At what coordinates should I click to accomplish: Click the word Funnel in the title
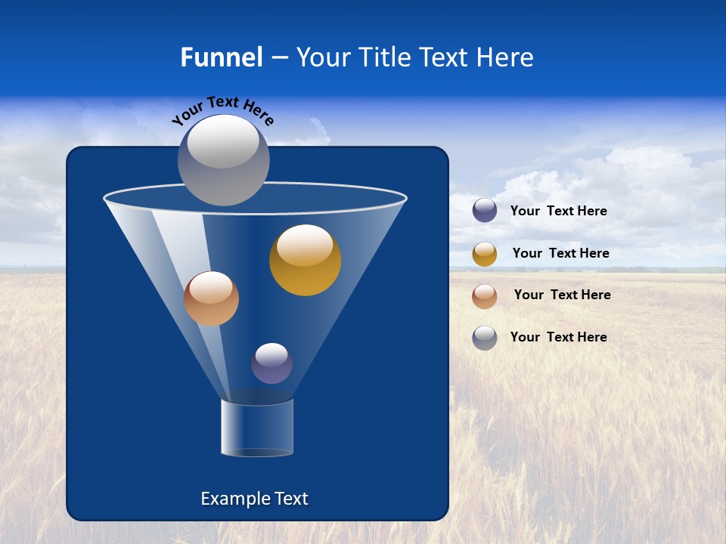pyautogui.click(x=221, y=57)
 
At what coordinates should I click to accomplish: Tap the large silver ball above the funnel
pyautogui.click(x=223, y=161)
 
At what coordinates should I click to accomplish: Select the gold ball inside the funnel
pyautogui.click(x=305, y=261)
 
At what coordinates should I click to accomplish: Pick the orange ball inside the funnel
pyautogui.click(x=211, y=299)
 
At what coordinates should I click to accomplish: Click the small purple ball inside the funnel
pyautogui.click(x=271, y=363)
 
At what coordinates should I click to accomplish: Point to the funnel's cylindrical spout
pyautogui.click(x=256, y=428)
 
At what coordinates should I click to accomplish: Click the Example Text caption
pyautogui.click(x=254, y=499)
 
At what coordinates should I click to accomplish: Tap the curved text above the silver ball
pyautogui.click(x=222, y=110)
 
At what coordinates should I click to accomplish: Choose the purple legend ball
pyautogui.click(x=485, y=211)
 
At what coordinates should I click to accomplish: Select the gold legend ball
pyautogui.click(x=485, y=254)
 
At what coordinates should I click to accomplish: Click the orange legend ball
pyautogui.click(x=485, y=296)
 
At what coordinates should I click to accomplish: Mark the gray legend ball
pyautogui.click(x=485, y=338)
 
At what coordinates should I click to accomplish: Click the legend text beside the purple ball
pyautogui.click(x=558, y=211)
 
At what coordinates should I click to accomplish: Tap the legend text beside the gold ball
pyautogui.click(x=560, y=253)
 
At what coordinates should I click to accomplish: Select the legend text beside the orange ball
pyautogui.click(x=562, y=295)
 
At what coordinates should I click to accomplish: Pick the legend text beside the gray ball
pyautogui.click(x=558, y=337)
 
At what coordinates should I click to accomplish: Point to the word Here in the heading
pyautogui.click(x=505, y=57)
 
